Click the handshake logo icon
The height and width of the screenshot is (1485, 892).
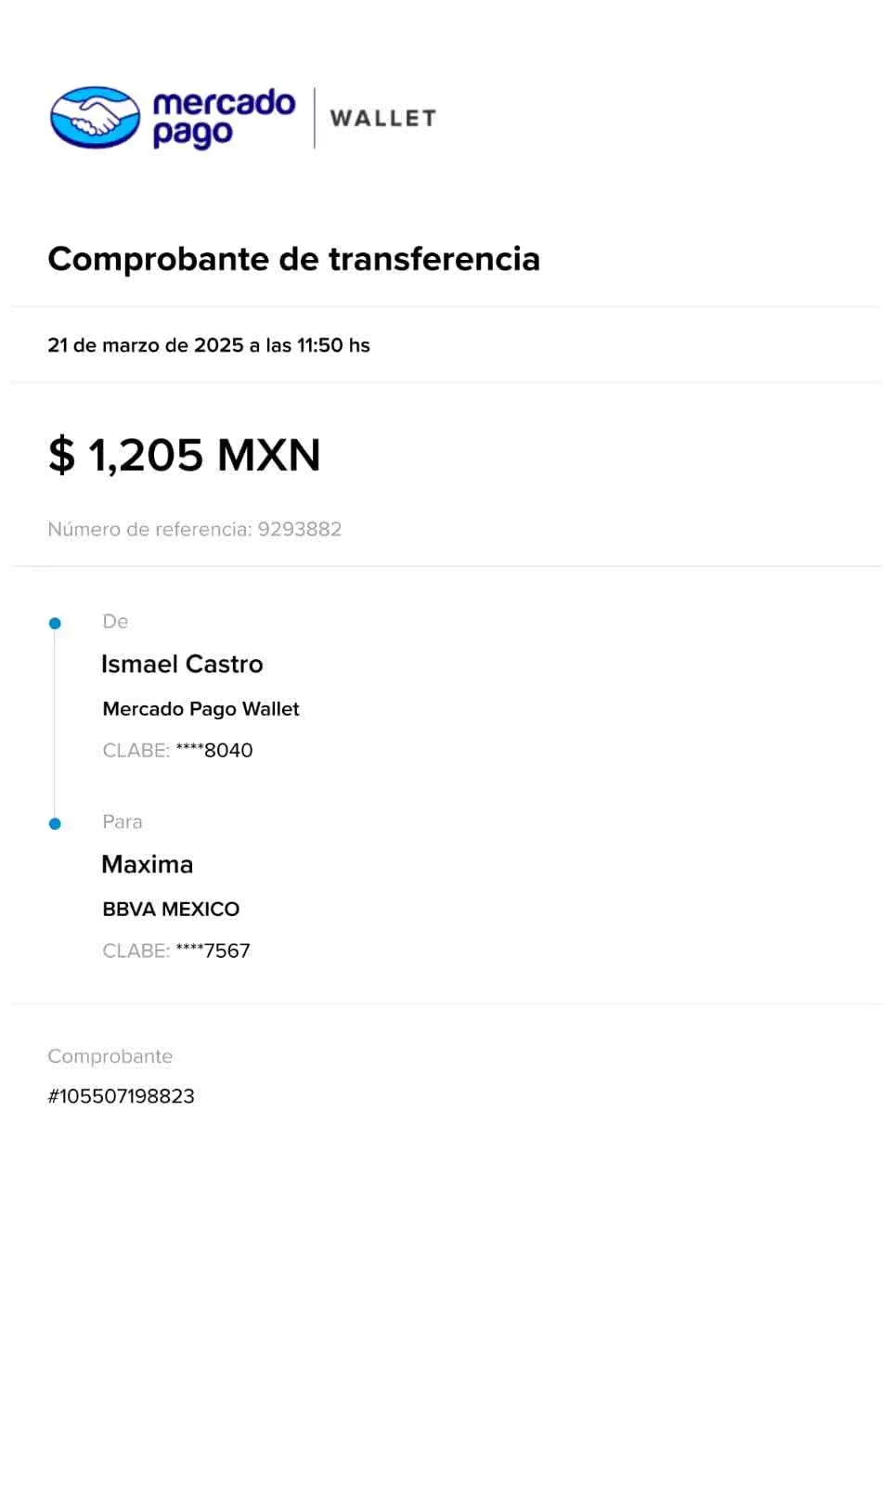95,117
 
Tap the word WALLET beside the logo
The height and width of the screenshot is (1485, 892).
382,118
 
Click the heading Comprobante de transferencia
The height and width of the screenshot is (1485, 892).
293,259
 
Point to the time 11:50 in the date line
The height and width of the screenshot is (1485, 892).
319,345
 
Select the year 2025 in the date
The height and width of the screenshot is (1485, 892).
218,345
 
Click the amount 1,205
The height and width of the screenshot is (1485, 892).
145,456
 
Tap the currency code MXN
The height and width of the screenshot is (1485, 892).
268,455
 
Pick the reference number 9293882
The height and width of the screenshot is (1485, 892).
300,529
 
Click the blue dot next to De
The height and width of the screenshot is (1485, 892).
55,623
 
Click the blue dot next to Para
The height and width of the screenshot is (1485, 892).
55,823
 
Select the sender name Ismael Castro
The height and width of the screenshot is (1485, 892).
182,664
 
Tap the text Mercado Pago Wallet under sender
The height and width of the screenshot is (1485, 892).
200,709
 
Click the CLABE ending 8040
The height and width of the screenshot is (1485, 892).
177,750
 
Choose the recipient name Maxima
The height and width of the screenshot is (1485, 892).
148,864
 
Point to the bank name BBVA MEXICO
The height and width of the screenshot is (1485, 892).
171,910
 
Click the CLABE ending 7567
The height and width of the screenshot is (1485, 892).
176,950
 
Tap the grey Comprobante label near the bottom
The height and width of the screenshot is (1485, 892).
110,1056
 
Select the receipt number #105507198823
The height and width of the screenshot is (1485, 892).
121,1096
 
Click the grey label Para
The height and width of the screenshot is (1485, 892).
123,821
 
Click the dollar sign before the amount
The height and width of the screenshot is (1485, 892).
61,456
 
